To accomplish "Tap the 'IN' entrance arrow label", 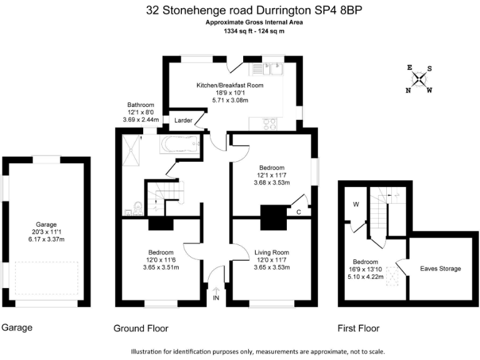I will [216, 298].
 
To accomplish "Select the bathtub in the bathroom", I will [181, 145].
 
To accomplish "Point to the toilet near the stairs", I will [137, 206].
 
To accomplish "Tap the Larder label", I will [183, 120].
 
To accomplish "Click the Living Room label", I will [272, 252].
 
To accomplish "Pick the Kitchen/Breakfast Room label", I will [230, 85].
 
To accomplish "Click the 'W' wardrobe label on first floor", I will [356, 203].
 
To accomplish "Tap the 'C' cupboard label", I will [299, 212].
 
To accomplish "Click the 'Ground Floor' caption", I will [141, 328].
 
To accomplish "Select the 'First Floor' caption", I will [358, 328].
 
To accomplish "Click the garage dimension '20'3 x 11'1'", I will [46, 231].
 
